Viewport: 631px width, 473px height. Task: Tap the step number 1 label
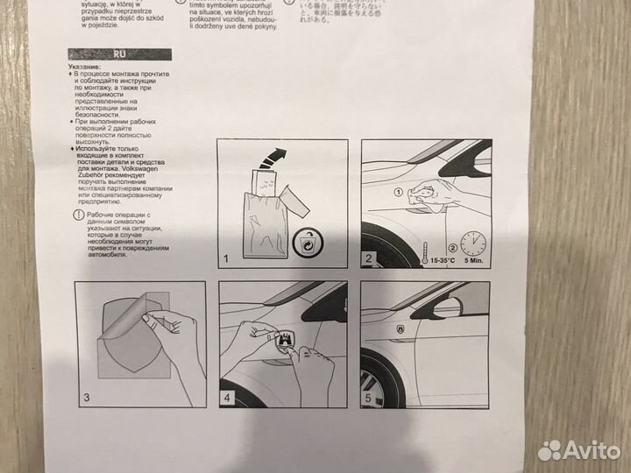(x=224, y=258)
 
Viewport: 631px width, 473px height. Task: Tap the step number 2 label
(x=369, y=258)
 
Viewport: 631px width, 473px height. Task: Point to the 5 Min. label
(x=474, y=259)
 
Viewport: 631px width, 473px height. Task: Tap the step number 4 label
(x=226, y=399)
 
